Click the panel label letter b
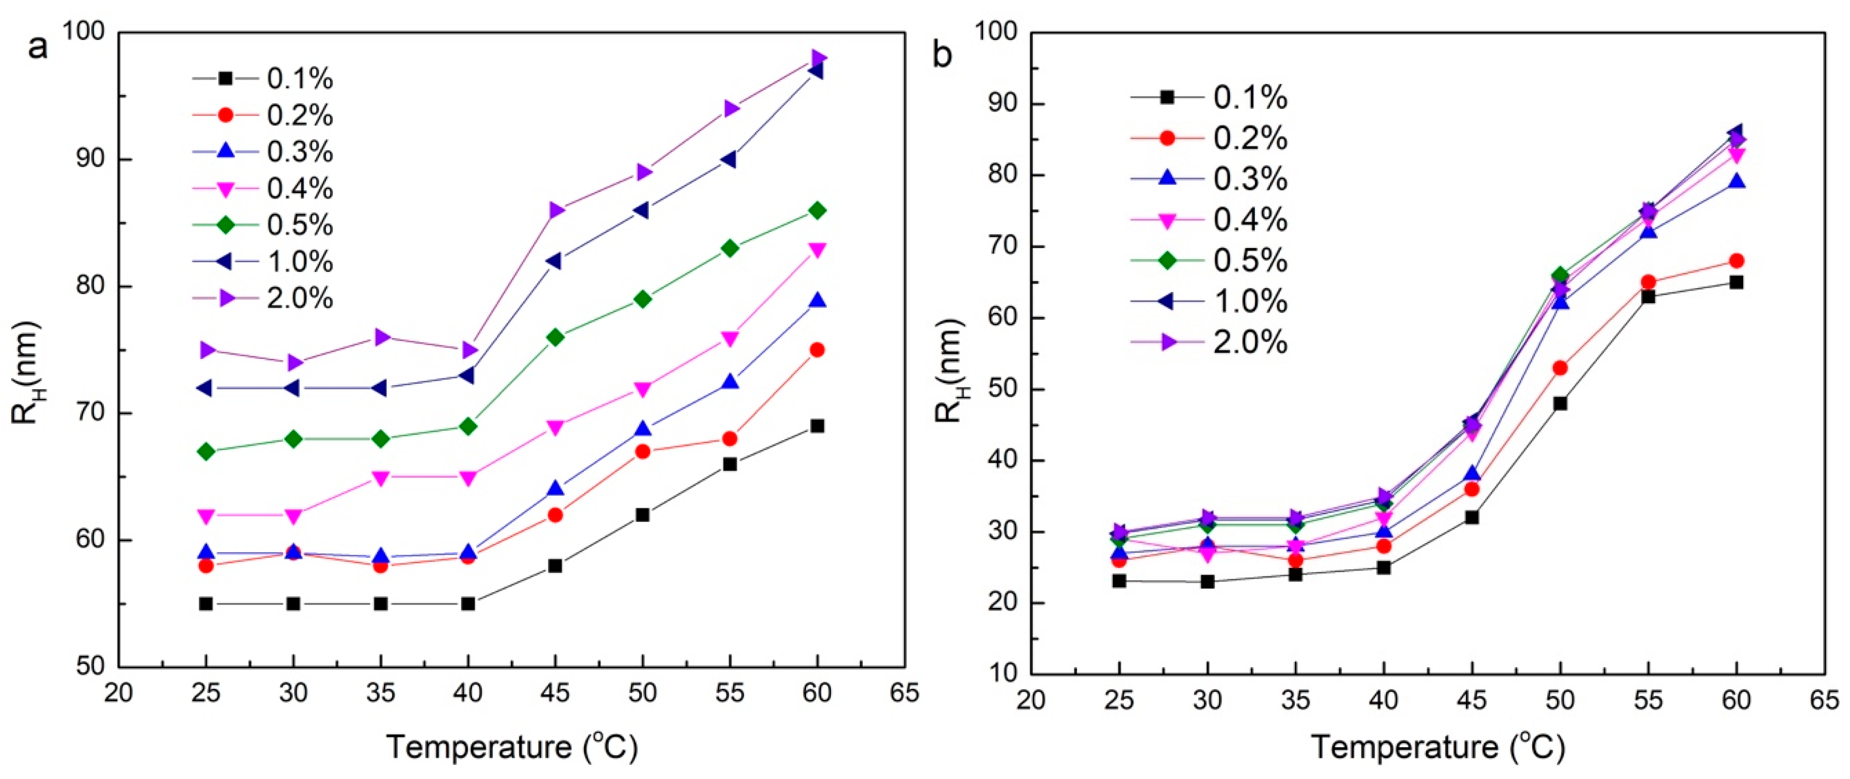(x=942, y=55)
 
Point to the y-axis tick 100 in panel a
(x=85, y=32)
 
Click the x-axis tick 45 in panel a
(x=555, y=693)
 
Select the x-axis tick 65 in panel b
(x=1825, y=700)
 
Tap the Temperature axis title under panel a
(x=512, y=748)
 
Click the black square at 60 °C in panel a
(x=817, y=426)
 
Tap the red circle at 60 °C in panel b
(x=1737, y=261)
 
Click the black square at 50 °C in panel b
(x=1560, y=403)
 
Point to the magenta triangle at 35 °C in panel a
(x=381, y=478)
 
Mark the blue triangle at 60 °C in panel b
(x=1737, y=181)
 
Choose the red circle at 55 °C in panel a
(x=730, y=438)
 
